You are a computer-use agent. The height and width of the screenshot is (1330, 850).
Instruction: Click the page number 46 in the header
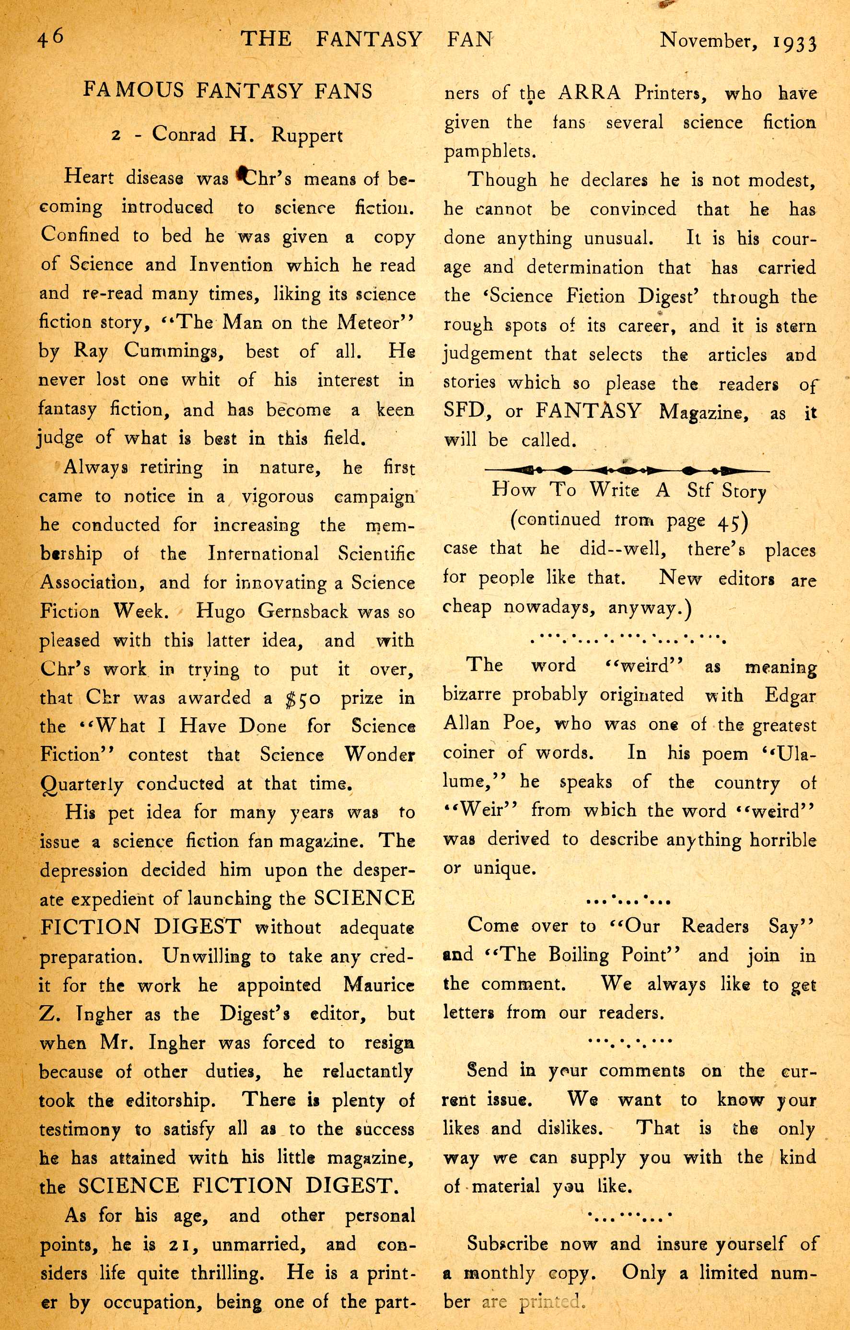(50, 38)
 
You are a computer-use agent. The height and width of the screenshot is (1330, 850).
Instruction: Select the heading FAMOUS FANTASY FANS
(228, 90)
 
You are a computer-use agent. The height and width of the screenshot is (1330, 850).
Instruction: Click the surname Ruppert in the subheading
(307, 135)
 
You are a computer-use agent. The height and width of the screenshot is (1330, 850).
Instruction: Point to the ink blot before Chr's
(241, 174)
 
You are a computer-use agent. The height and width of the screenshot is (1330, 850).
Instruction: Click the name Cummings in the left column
(174, 351)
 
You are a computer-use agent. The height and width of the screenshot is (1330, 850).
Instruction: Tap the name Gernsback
(303, 611)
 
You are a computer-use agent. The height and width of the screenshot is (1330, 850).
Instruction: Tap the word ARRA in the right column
(589, 92)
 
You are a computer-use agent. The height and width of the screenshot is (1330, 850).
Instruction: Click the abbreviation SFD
(464, 411)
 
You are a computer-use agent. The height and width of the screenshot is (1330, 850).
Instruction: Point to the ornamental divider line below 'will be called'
(627, 470)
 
